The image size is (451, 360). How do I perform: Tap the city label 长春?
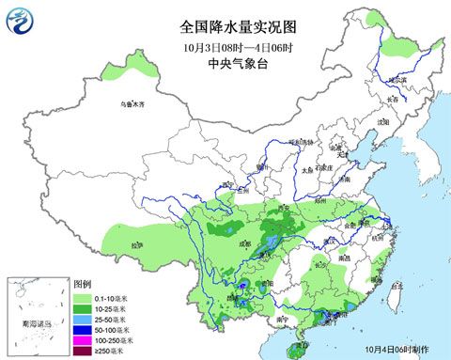point(393,100)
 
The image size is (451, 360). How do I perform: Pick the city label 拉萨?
point(138,245)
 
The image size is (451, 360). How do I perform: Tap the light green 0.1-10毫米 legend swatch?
point(82,296)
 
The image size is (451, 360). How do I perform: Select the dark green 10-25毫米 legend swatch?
point(82,307)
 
